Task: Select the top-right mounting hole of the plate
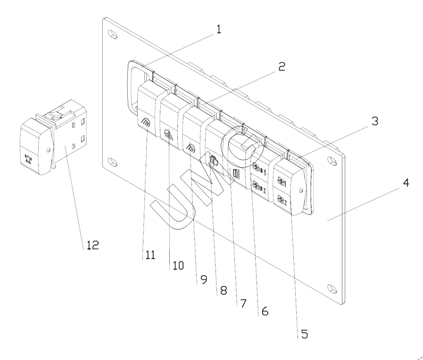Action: [333, 161]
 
